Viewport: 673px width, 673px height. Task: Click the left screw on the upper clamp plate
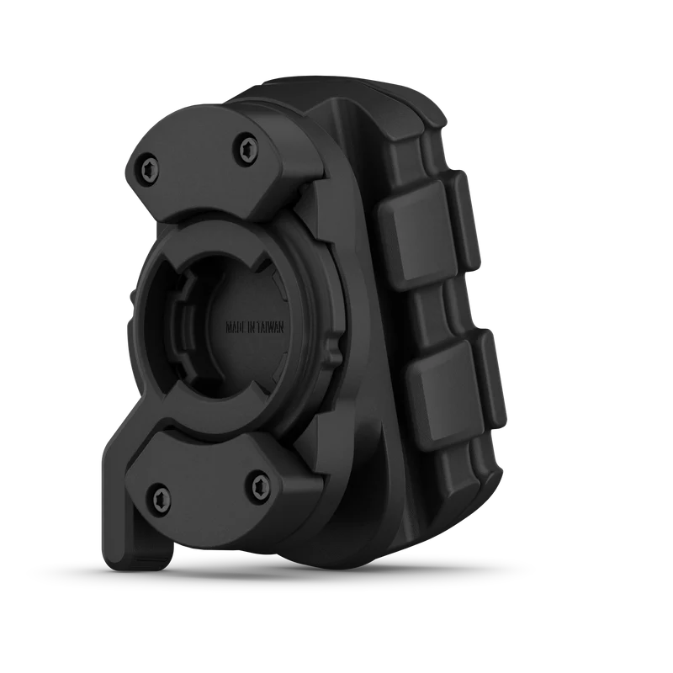click(x=150, y=170)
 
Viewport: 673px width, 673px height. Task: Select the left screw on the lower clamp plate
click(x=161, y=496)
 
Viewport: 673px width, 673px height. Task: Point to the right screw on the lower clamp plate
click(x=262, y=486)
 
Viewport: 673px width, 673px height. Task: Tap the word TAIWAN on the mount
click(x=270, y=327)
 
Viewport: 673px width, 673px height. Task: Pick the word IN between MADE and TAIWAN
click(x=252, y=327)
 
